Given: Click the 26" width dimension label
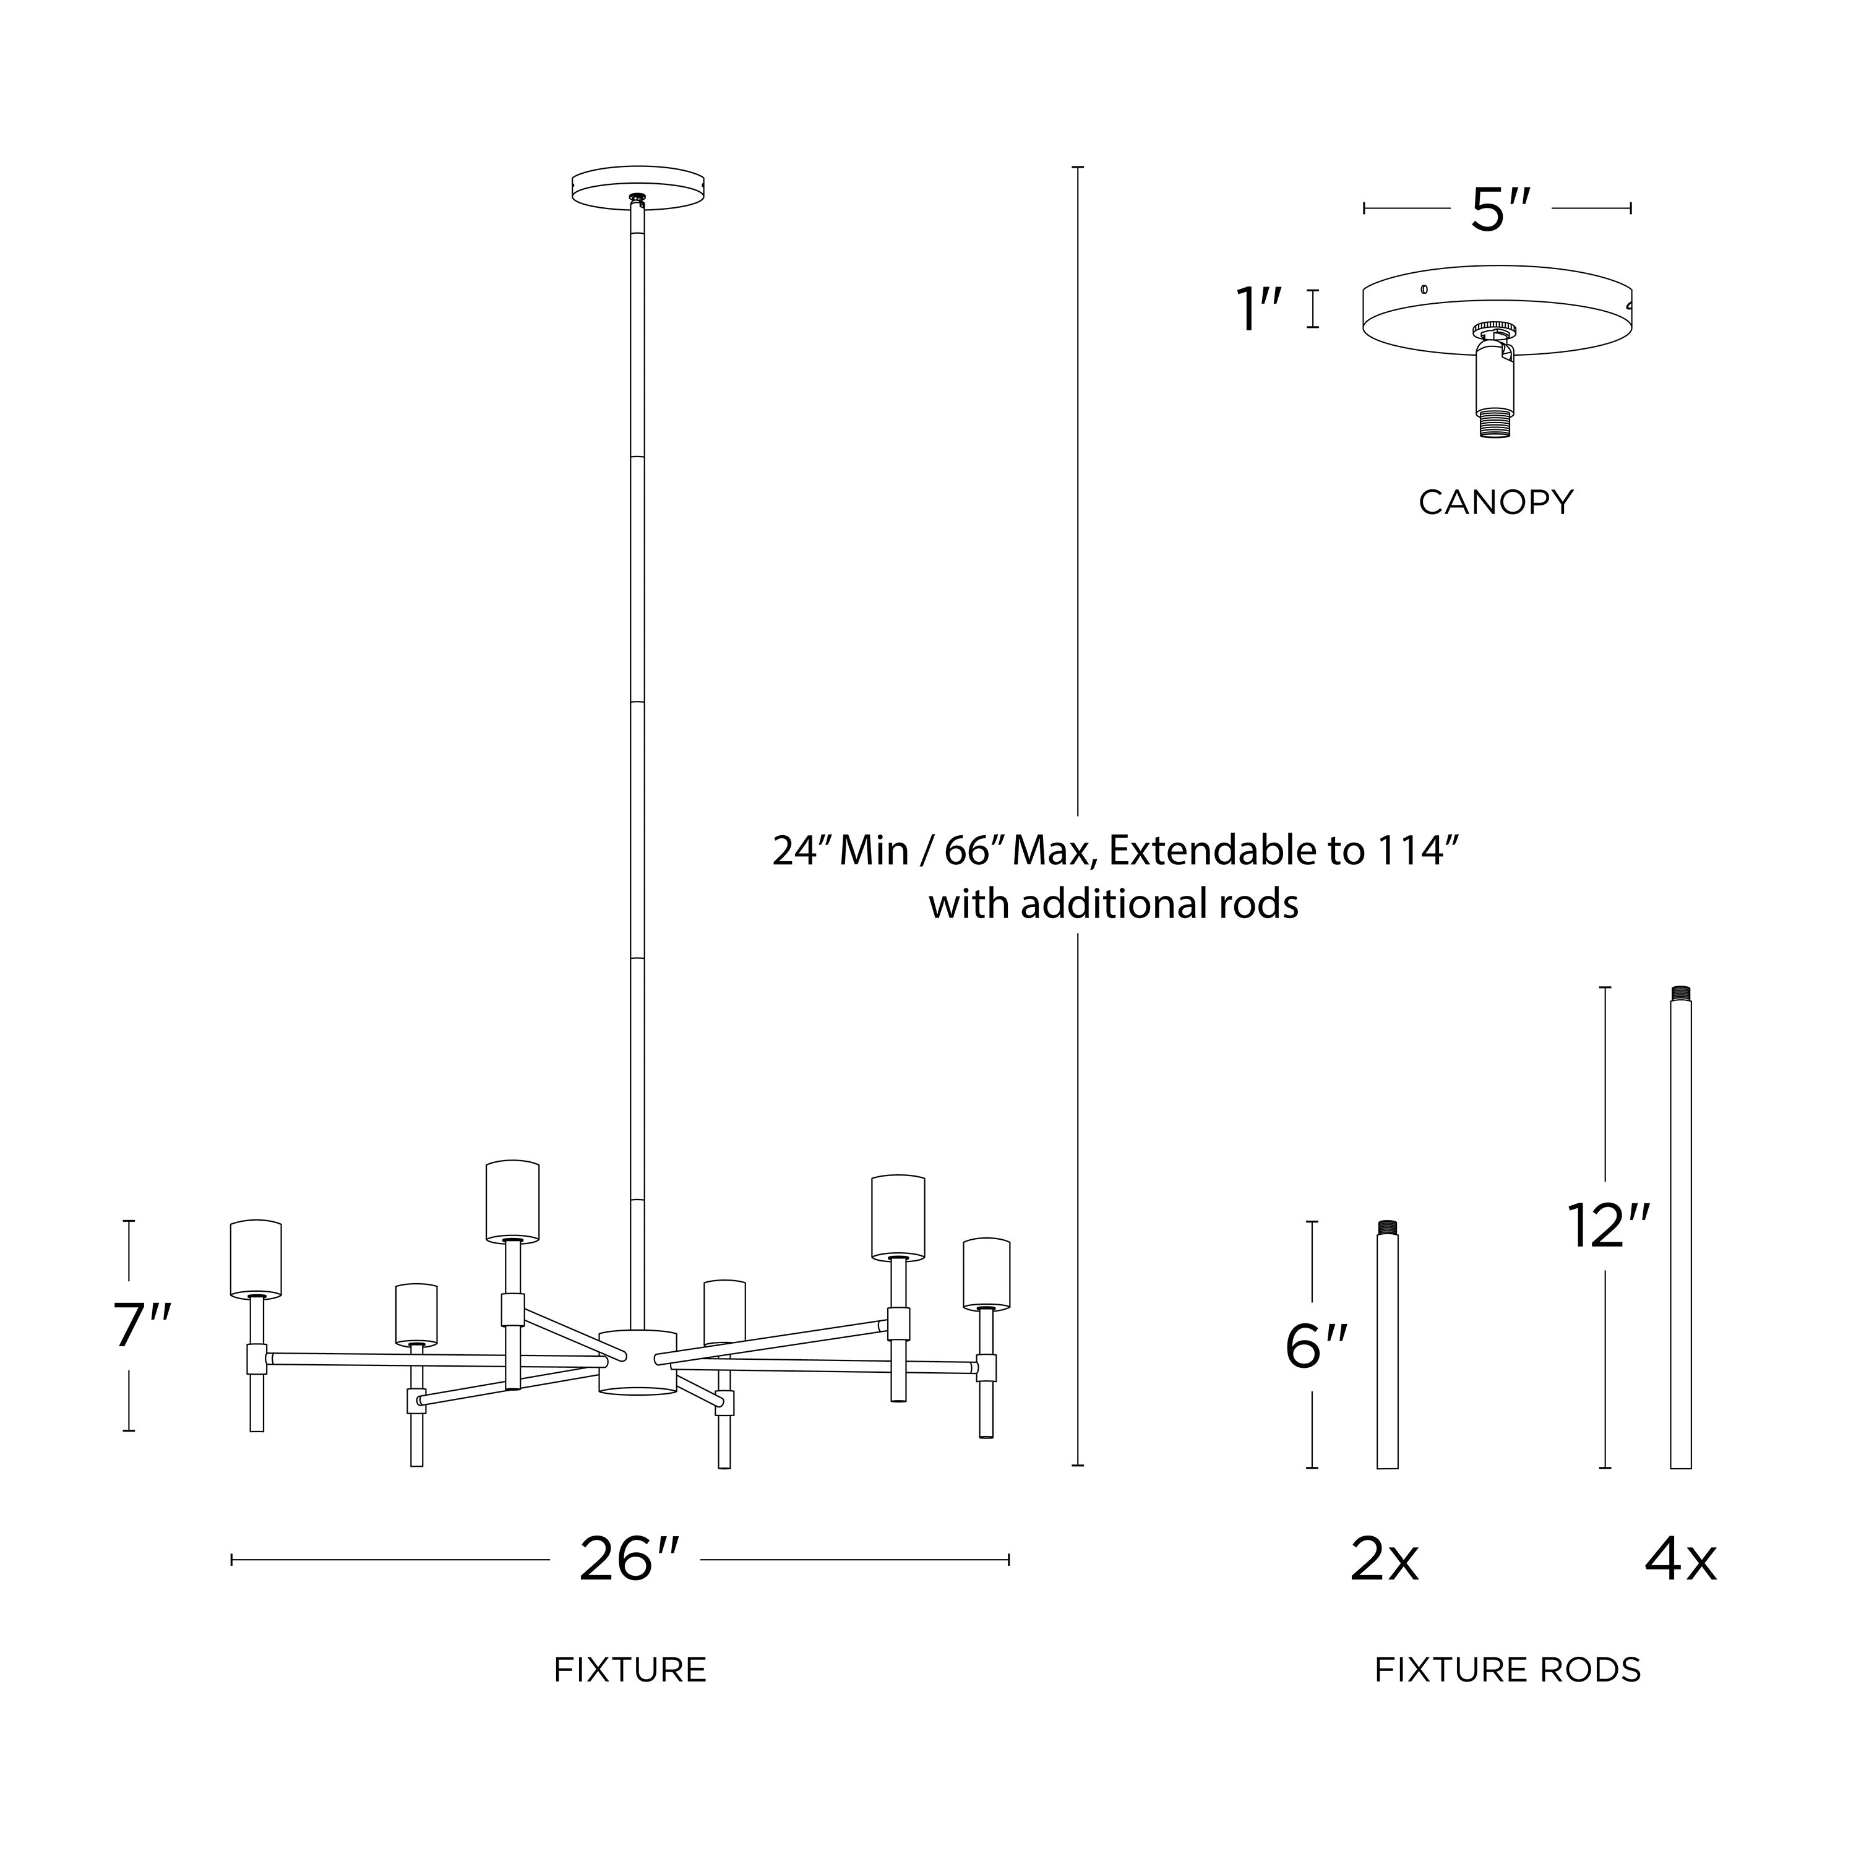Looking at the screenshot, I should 629,1559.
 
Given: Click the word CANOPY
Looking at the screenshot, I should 1496,502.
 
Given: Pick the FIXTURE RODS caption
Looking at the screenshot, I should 1507,1670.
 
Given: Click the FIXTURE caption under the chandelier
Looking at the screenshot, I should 630,1670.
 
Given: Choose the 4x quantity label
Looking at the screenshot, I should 1680,1559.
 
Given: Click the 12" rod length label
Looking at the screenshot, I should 1608,1226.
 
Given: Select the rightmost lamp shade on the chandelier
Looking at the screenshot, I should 987,1273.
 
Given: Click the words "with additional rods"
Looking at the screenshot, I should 1114,904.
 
